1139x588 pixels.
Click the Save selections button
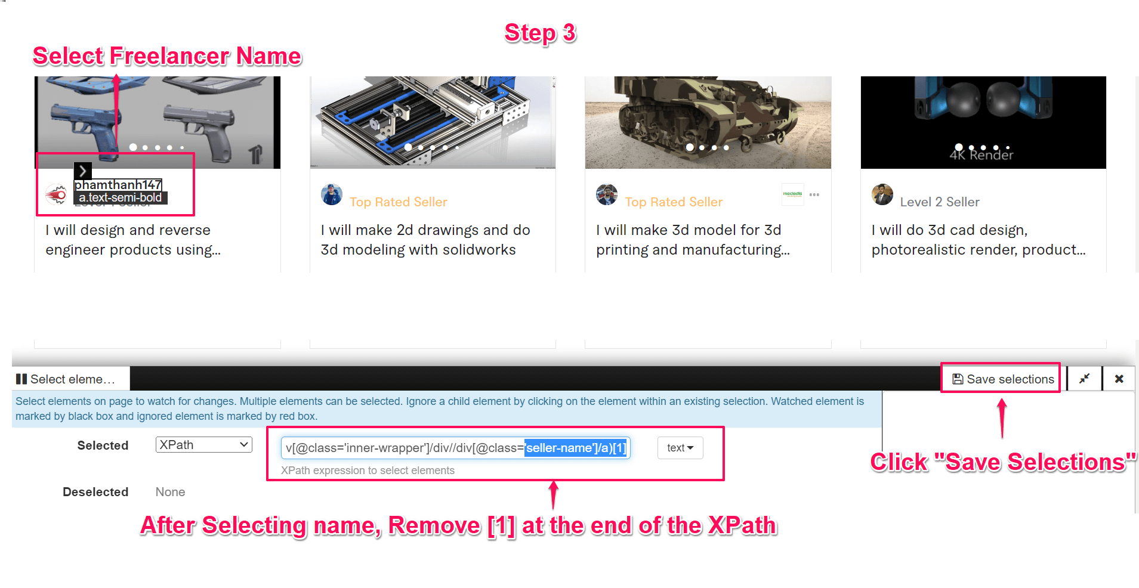[x=1004, y=379]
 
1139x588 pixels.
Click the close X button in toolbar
[x=1119, y=379]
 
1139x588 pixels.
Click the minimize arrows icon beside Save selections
[x=1084, y=379]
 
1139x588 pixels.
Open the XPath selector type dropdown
[x=203, y=445]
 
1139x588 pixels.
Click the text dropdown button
[x=680, y=448]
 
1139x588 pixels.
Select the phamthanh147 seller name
[x=118, y=185]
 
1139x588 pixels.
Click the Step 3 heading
[x=540, y=33]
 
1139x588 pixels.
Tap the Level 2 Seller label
[x=939, y=202]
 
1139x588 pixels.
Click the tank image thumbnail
[x=708, y=122]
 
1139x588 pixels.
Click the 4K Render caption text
[x=981, y=155]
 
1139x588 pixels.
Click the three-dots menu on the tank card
[x=814, y=195]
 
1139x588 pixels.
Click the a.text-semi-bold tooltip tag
[x=120, y=198]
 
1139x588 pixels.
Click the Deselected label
[x=95, y=492]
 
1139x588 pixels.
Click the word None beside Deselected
[x=170, y=492]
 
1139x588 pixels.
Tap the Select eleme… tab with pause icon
[x=66, y=379]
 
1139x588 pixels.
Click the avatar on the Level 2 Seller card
[x=882, y=194]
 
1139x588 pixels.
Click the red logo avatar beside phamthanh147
[x=57, y=194]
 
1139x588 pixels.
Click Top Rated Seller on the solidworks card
[x=398, y=202]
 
